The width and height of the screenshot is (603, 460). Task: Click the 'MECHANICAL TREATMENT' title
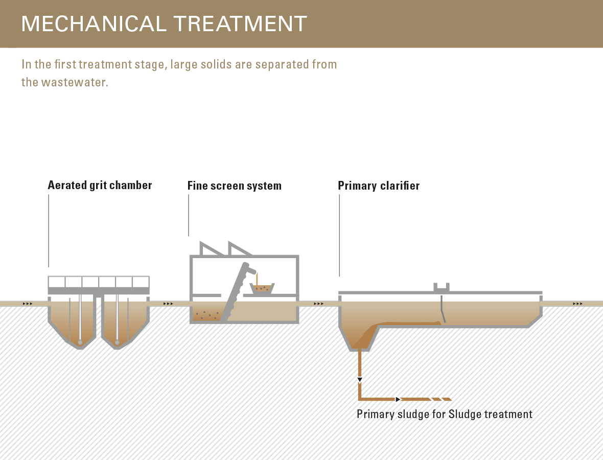pyautogui.click(x=164, y=24)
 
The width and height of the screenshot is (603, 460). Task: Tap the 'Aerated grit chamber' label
pyautogui.click(x=100, y=186)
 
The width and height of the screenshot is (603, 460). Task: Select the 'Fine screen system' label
pyautogui.click(x=234, y=186)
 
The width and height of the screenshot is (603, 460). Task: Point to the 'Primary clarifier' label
pyautogui.click(x=379, y=186)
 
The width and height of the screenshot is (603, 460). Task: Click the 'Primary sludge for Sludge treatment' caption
pyautogui.click(x=445, y=414)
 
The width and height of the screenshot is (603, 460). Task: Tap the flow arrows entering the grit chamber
pyautogui.click(x=28, y=304)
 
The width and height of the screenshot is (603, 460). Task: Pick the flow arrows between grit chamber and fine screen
pyautogui.click(x=168, y=304)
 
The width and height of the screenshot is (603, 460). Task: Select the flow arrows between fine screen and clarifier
pyautogui.click(x=318, y=304)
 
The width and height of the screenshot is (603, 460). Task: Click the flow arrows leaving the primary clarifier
pyautogui.click(x=577, y=304)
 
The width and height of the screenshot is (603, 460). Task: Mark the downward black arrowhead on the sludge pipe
pyautogui.click(x=360, y=380)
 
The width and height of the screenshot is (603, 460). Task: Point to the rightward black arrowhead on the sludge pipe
pyautogui.click(x=399, y=400)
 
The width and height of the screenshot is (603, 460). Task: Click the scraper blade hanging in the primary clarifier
pyautogui.click(x=443, y=309)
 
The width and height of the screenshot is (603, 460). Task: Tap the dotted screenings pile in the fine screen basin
pyautogui.click(x=206, y=315)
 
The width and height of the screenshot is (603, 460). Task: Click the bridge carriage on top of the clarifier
pyautogui.click(x=442, y=287)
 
